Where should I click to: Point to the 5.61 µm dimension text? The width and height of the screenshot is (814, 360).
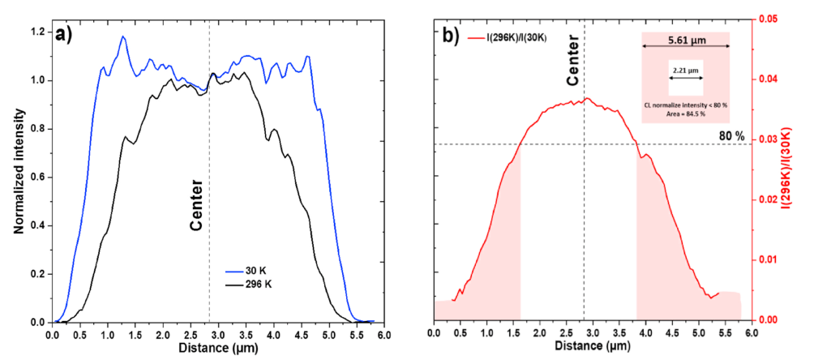click(685, 38)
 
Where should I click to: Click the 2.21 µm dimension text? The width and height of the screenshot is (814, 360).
click(686, 70)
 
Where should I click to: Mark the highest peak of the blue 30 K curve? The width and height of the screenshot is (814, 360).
click(123, 36)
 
